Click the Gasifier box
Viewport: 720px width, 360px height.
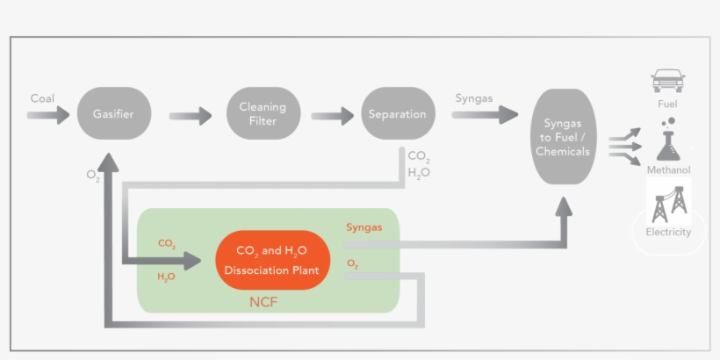(x=114, y=113)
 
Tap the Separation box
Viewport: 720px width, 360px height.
(x=397, y=114)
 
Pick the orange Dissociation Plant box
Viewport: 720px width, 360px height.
(x=272, y=260)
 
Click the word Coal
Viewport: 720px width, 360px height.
(x=42, y=97)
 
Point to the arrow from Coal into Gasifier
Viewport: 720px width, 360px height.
(x=48, y=115)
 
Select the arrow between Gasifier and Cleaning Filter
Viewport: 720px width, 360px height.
(x=190, y=116)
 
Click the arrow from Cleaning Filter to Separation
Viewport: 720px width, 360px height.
(x=331, y=116)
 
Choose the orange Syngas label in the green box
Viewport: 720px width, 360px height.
(x=364, y=227)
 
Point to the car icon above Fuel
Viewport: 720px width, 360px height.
(x=667, y=81)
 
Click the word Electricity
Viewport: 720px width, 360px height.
(x=668, y=233)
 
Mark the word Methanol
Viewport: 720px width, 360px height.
(x=668, y=169)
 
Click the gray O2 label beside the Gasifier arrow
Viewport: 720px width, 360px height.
(x=93, y=176)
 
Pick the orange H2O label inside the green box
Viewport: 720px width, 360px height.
(x=166, y=277)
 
